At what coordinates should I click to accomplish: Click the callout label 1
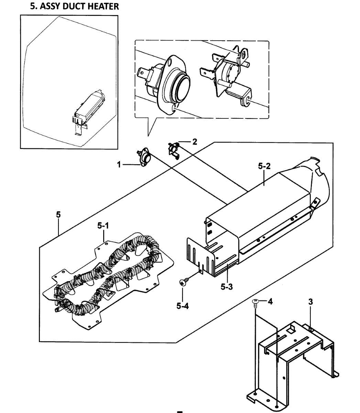pyautogui.click(x=119, y=165)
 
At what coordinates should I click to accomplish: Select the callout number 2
pyautogui.click(x=195, y=141)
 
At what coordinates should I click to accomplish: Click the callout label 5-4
pyautogui.click(x=183, y=305)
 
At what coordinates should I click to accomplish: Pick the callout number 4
pyautogui.click(x=270, y=302)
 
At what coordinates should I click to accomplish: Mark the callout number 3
pyautogui.click(x=310, y=302)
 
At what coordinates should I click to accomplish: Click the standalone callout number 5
pyautogui.click(x=58, y=214)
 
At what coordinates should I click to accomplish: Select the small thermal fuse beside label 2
pyautogui.click(x=173, y=150)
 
